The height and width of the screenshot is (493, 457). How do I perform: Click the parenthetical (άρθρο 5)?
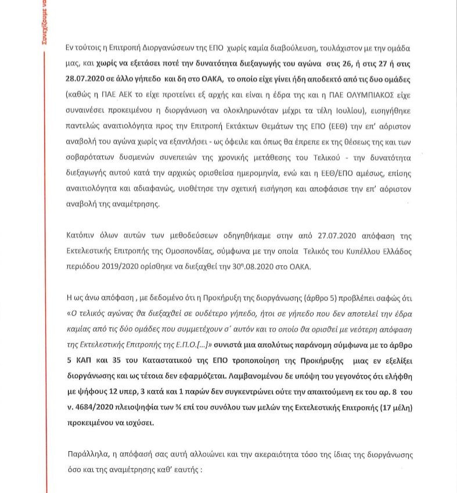(x=326, y=298)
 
